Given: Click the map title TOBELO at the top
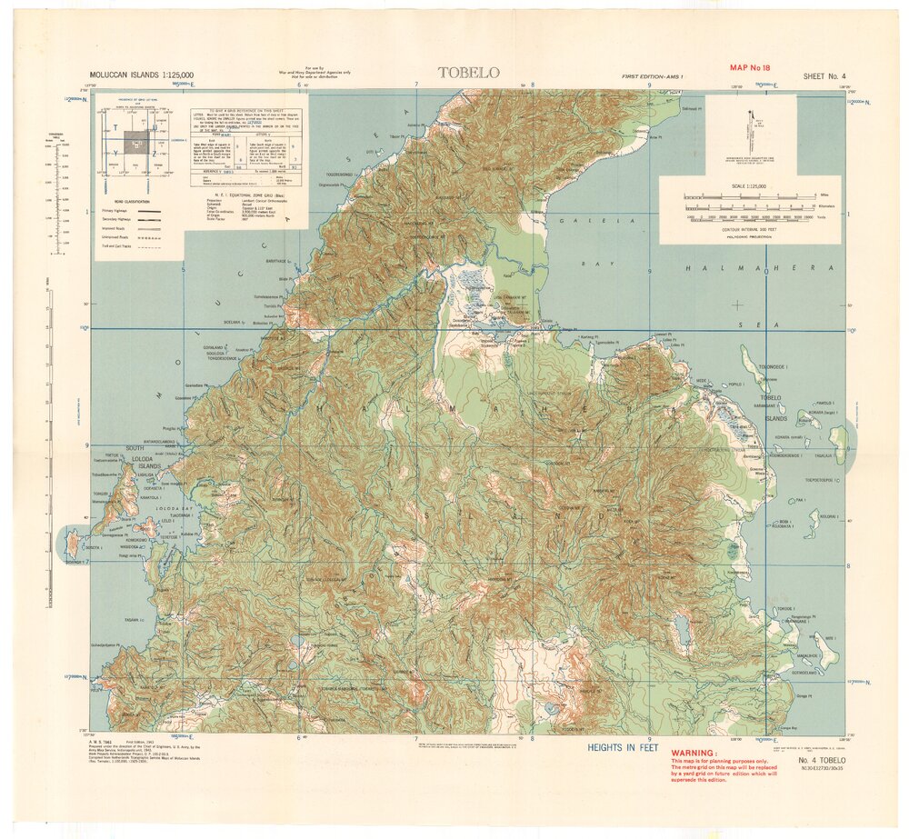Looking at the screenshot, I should [x=468, y=73].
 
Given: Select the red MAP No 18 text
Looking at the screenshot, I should [x=750, y=67].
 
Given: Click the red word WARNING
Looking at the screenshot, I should [x=694, y=754].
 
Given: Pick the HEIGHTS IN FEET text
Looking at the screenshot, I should [x=622, y=747].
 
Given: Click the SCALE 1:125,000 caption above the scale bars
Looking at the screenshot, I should [x=749, y=185].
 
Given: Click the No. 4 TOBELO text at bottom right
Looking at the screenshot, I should [x=822, y=758].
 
